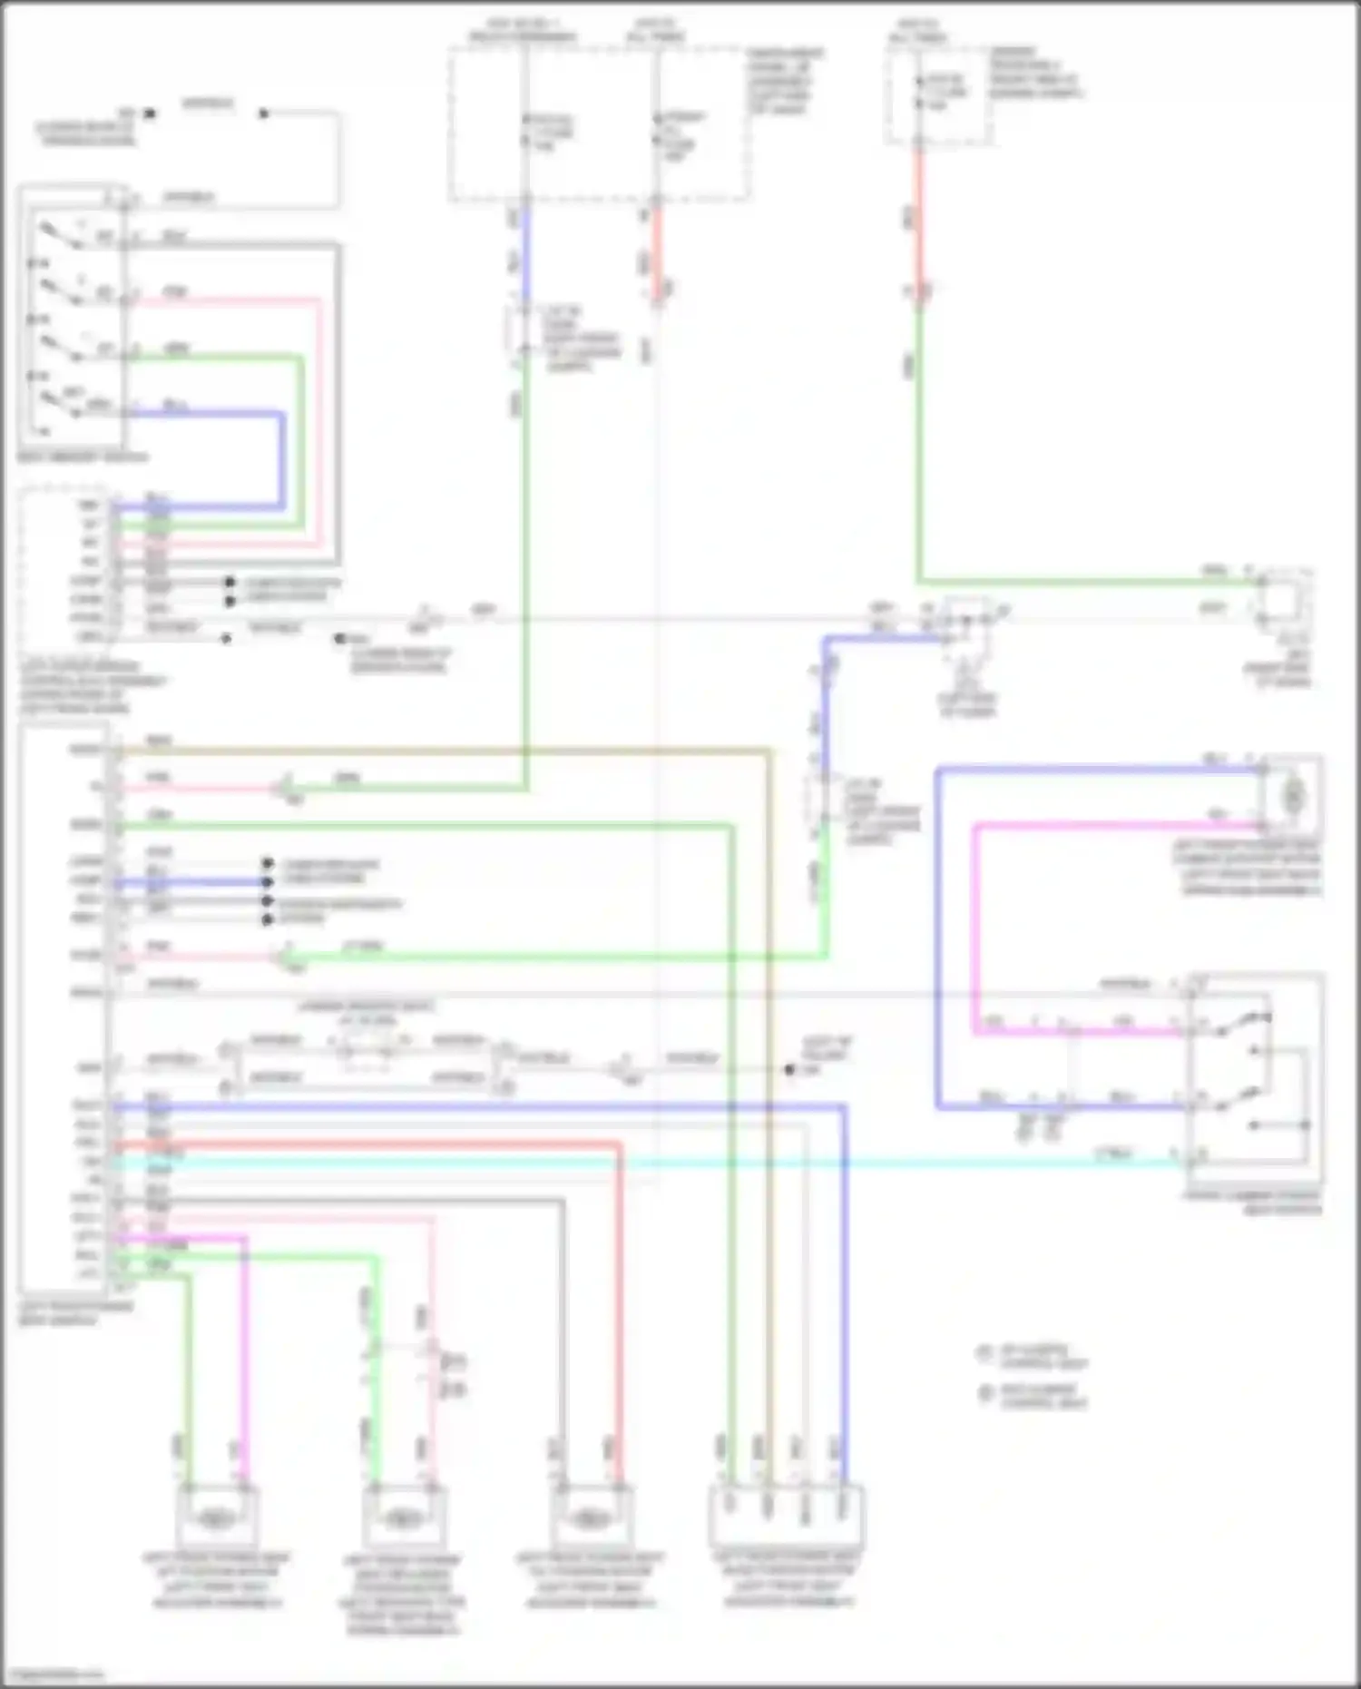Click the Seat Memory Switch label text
pyautogui.click(x=82, y=457)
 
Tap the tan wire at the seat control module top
pyautogui.click(x=454, y=751)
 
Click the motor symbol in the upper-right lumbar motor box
pyautogui.click(x=1291, y=796)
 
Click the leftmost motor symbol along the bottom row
pyautogui.click(x=215, y=1517)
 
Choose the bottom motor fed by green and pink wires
pyautogui.click(x=401, y=1517)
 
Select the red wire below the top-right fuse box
pyautogui.click(x=918, y=218)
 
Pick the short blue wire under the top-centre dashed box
pyautogui.click(x=525, y=254)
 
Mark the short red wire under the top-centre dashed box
pyautogui.click(x=657, y=254)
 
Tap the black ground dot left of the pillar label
pyautogui.click(x=789, y=1070)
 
